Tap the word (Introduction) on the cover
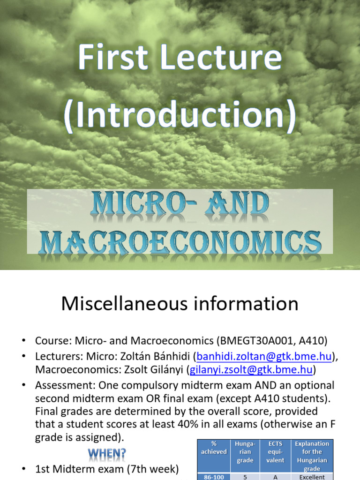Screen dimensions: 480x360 pos(180,114)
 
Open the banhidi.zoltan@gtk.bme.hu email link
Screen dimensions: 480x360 pos(262,357)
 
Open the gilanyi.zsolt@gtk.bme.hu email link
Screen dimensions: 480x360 pos(251,370)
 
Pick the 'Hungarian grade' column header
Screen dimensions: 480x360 pos(245,452)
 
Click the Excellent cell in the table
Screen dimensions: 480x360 pos(312,476)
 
